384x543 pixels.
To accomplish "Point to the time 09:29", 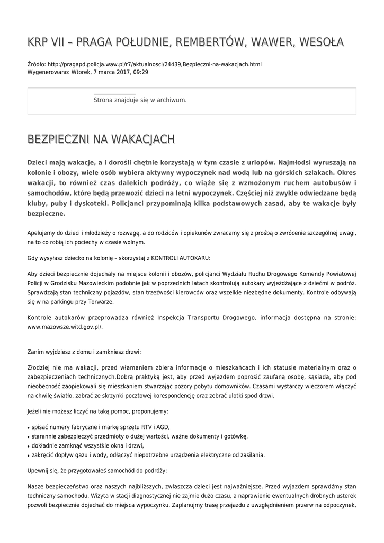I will pyautogui.click(x=141, y=72).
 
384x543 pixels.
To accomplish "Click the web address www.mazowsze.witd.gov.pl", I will pyautogui.click(x=64, y=327).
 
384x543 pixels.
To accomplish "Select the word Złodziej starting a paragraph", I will pyautogui.click(x=39, y=367).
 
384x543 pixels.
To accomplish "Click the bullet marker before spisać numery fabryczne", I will pyautogui.click(x=28, y=427).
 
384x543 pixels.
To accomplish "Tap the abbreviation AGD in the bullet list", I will pyautogui.click(x=163, y=427).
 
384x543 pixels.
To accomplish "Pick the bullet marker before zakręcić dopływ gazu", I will pyautogui.click(x=28, y=456).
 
